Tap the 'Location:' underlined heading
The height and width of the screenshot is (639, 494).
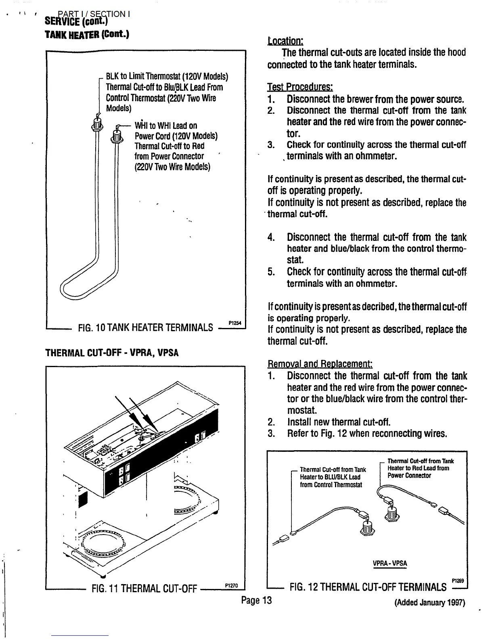285,41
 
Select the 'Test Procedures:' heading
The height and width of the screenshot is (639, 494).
300,87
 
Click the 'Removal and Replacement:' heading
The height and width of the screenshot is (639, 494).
320,364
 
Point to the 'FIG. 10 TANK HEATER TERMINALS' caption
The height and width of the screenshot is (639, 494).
145,327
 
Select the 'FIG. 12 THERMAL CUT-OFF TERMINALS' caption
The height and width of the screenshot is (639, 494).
368,587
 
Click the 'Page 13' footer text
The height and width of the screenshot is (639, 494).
256,600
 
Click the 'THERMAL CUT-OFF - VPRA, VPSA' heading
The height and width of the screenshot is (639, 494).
112,353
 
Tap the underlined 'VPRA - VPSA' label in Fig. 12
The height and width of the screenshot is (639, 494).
390,564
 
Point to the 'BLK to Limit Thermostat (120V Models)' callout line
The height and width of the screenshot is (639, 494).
167,77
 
